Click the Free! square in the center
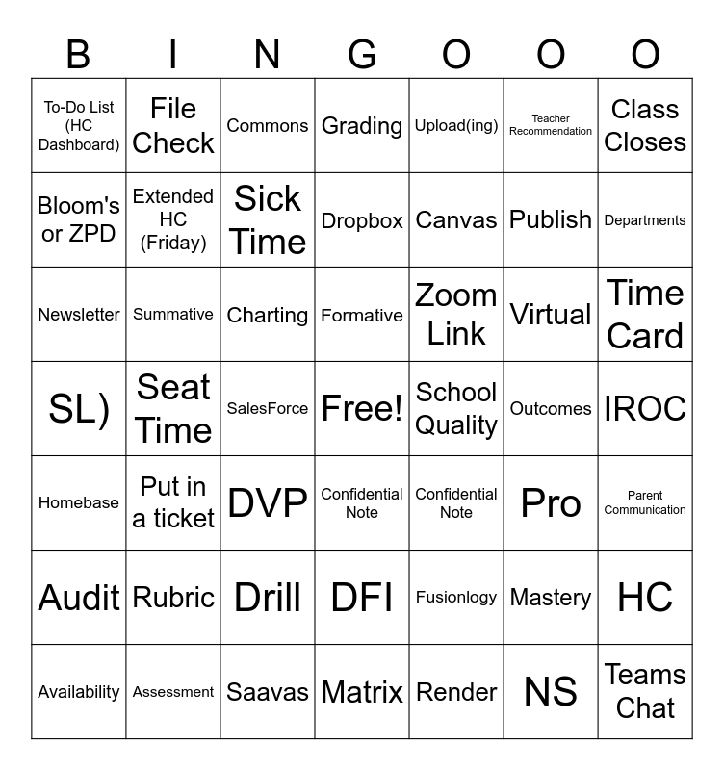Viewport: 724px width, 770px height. coord(362,409)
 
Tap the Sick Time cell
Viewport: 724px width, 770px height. coord(268,220)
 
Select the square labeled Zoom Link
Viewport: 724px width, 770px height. coord(456,315)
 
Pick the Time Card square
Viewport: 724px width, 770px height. coord(645,315)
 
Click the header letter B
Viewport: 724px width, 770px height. coord(78,56)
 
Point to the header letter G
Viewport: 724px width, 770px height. coord(362,56)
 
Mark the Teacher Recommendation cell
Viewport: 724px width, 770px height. coord(551,125)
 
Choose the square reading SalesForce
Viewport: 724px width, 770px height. coord(268,409)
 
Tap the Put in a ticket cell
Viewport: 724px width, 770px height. coord(173,502)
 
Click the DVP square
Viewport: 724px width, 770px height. coord(268,502)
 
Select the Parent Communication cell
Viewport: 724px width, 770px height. coord(645,502)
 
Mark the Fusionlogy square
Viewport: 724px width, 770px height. coord(456,597)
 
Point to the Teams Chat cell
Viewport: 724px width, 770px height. coord(645,691)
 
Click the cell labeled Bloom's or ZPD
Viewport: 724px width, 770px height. coord(79,220)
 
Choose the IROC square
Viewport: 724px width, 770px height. coord(645,409)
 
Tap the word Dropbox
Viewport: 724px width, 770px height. coord(362,220)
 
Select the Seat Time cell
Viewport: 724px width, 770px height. coord(173,409)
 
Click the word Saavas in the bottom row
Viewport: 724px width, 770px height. coord(268,692)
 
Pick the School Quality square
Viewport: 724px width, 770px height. coord(456,409)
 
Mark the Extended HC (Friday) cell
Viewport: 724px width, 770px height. coord(173,220)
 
